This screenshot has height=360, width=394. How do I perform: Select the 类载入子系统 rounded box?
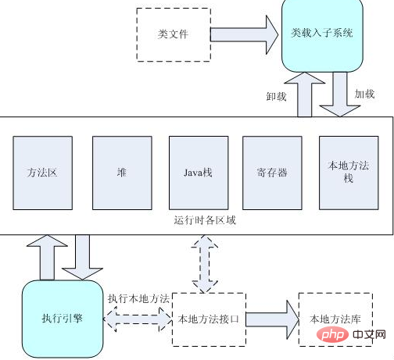tap(321, 34)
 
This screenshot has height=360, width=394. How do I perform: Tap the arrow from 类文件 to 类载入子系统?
tap(245, 34)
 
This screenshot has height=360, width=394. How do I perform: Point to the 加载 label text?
tap(364, 94)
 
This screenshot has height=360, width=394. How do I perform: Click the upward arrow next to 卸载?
tap(307, 94)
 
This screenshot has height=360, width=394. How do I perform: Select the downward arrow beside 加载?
tap(340, 94)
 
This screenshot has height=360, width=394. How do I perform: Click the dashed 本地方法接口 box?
tap(208, 319)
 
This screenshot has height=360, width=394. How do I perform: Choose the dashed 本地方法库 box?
tap(335, 319)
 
